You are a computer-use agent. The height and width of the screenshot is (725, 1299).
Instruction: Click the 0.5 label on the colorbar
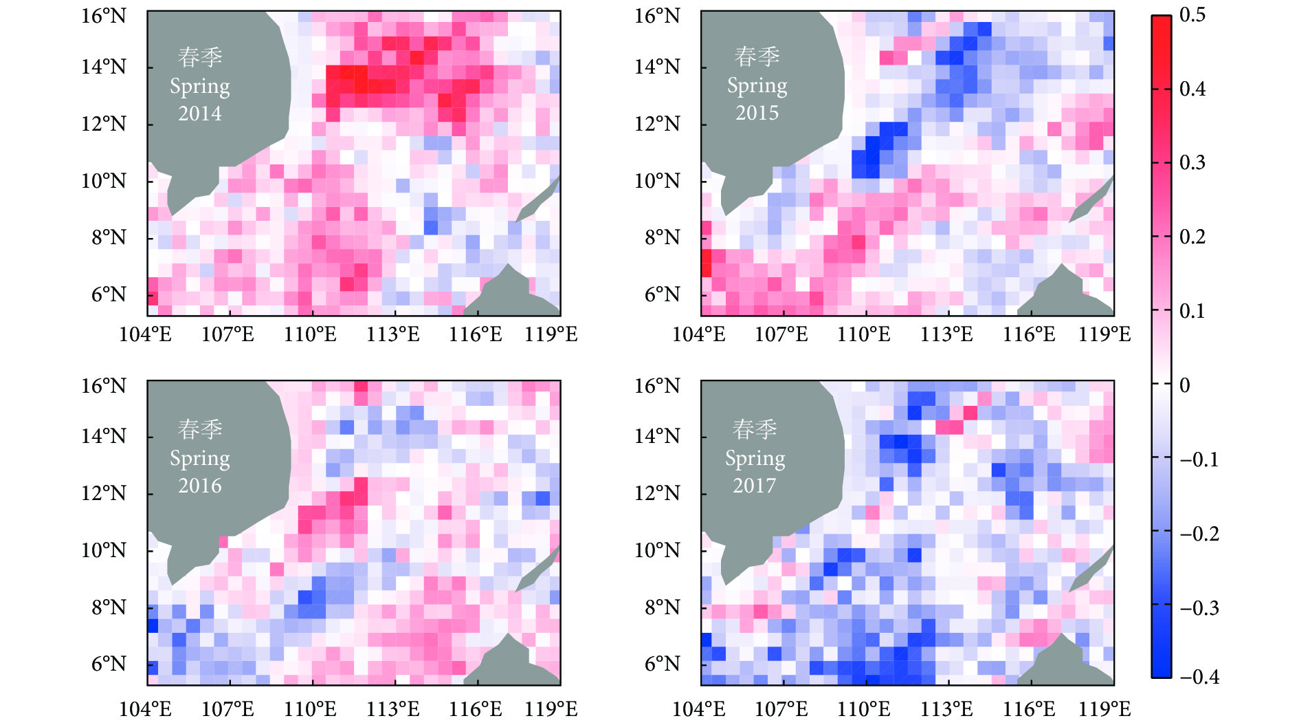[1192, 14]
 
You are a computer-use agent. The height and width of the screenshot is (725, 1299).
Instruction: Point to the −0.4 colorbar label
[1199, 677]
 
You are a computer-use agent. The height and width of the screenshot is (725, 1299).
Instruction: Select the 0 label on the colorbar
[1185, 385]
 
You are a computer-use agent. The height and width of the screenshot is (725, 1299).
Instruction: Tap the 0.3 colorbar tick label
[1192, 163]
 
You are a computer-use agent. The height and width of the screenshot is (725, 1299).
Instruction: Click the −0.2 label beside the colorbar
[1199, 534]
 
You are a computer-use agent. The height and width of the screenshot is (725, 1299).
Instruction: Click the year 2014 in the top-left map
[200, 113]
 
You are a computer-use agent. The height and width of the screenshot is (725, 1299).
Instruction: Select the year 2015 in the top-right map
[757, 113]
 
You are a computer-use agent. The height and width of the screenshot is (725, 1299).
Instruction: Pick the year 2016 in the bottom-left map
[200, 486]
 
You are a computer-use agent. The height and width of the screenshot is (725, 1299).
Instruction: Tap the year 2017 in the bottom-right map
[754, 486]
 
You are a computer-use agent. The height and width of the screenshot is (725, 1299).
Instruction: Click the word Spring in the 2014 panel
[200, 87]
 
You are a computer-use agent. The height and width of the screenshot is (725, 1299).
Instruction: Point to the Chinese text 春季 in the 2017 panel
[755, 430]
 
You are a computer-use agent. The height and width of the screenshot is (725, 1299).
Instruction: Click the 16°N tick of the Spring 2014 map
[104, 16]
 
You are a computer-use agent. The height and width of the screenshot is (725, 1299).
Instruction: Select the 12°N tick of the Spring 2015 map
[657, 124]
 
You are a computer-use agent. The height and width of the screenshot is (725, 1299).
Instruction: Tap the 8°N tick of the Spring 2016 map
[109, 607]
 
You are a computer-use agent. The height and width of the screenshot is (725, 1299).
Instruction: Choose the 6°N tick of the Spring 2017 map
[662, 664]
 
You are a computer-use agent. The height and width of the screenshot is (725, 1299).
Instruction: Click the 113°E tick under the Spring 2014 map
[393, 335]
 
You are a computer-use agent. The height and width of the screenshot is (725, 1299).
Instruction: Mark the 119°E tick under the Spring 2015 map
[1104, 335]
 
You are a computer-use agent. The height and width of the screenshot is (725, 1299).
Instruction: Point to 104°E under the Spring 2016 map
[145, 709]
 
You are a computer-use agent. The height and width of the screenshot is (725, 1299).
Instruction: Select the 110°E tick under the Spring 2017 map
[863, 709]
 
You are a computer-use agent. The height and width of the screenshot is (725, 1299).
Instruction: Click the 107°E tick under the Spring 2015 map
[781, 335]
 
